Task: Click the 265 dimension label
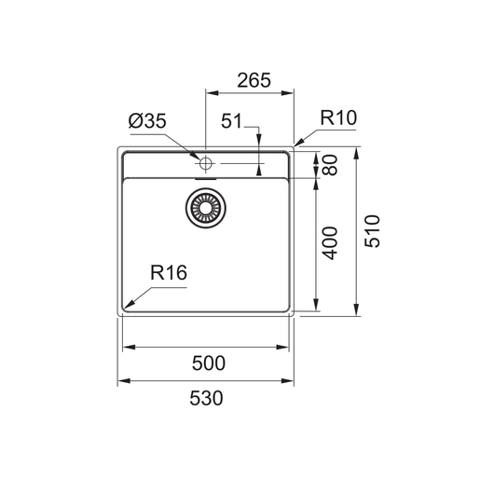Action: tap(254, 80)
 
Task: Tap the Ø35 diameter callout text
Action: tap(147, 121)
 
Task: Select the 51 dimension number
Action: tap(231, 121)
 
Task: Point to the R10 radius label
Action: tap(338, 117)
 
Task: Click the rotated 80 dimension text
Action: tap(330, 165)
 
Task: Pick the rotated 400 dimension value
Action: tap(330, 243)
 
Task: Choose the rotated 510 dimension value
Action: tap(372, 231)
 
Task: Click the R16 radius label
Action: tap(169, 273)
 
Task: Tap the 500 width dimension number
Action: tap(209, 363)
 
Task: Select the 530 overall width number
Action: tap(206, 398)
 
